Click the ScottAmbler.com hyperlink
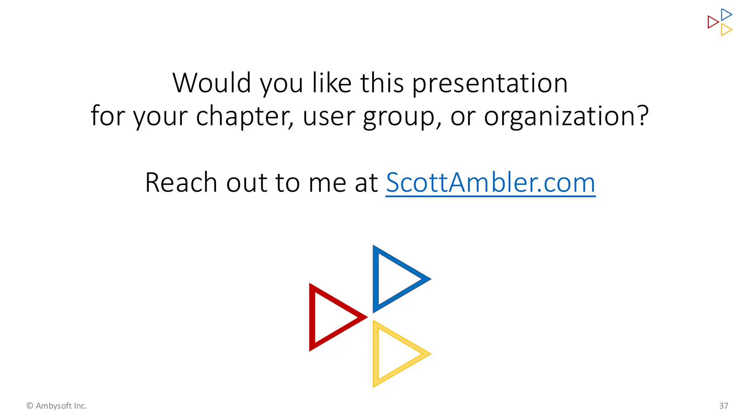tap(490, 183)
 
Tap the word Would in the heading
tap(212, 83)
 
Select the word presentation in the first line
tap(490, 84)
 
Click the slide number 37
tap(723, 406)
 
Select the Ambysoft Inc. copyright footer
tap(57, 406)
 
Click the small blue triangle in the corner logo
tap(726, 15)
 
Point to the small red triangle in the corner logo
tap(713, 22)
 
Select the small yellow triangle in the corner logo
tap(726, 30)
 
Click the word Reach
tap(181, 183)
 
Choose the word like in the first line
tap(332, 83)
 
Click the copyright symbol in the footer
tap(30, 406)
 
